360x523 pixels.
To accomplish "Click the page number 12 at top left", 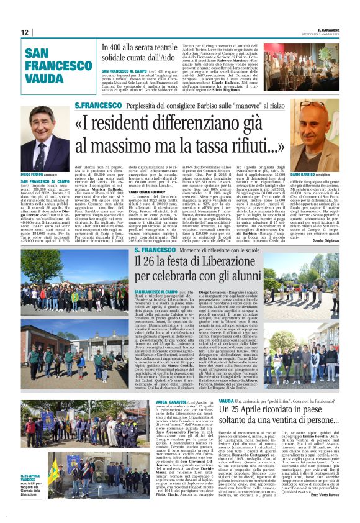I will (x=25, y=32).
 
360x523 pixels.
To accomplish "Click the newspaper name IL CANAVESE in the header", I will (x=325, y=28).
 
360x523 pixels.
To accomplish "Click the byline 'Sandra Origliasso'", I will (x=324, y=240).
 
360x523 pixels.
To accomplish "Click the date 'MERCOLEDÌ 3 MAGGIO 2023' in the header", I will (x=318, y=34).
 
